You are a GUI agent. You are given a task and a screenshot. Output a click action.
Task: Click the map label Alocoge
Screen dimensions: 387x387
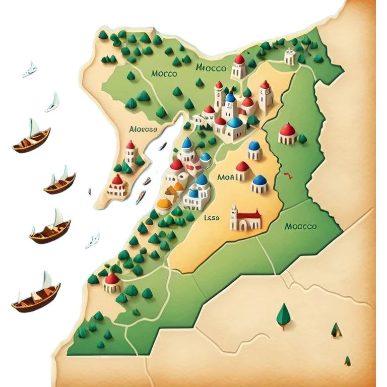point(144,129)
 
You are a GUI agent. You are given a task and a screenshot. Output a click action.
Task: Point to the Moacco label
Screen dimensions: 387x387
point(300,226)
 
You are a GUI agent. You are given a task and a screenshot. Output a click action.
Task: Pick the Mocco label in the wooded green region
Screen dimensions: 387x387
point(164,74)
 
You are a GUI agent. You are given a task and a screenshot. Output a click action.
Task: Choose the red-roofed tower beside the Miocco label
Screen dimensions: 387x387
point(239,66)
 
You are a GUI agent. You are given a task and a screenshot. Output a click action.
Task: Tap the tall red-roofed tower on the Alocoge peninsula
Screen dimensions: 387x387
point(130,153)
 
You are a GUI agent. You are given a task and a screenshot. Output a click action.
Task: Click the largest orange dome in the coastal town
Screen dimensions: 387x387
point(165,204)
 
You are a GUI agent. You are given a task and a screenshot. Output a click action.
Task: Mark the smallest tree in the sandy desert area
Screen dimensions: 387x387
point(347,360)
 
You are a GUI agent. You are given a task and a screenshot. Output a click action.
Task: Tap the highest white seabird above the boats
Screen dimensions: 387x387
point(30,70)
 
